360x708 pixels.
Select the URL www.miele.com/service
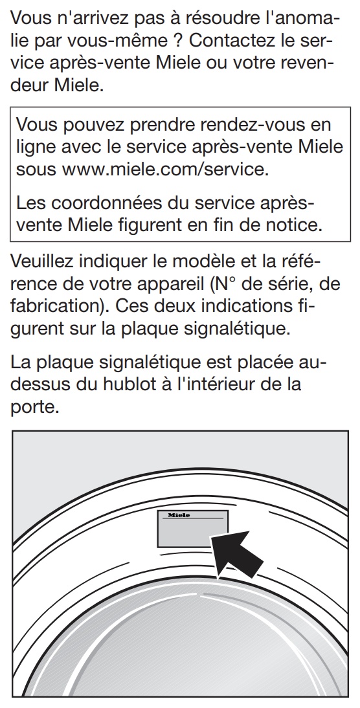coord(165,170)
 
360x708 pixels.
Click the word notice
coord(295,225)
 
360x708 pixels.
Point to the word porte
coord(35,407)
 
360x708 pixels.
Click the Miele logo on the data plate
coord(179,515)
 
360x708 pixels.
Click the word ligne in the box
coord(39,147)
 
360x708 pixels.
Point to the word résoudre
coord(243,18)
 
